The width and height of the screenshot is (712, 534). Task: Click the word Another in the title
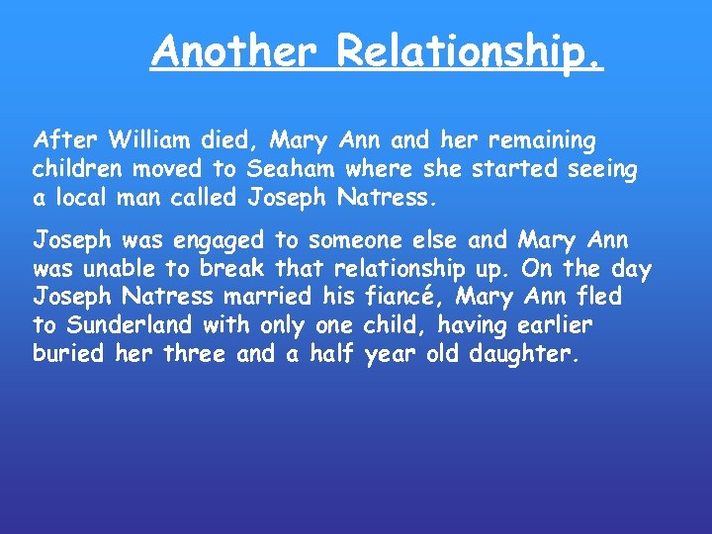coord(237,51)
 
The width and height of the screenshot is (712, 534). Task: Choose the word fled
coord(599,296)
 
